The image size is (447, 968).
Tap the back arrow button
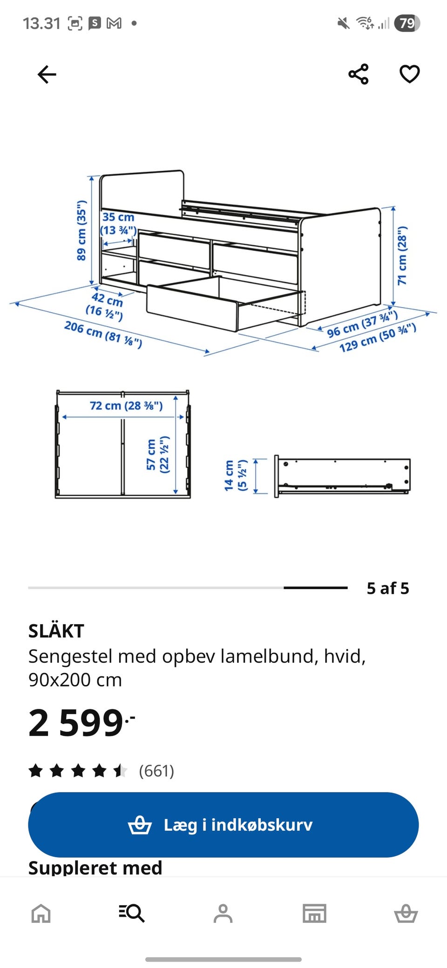pos(47,74)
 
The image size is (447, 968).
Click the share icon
pos(359,74)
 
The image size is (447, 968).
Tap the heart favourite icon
pos(410,74)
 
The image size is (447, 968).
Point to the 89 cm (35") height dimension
pos(81,230)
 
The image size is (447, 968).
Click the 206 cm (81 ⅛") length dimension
pos(103,334)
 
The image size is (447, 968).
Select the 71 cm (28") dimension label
pos(402,255)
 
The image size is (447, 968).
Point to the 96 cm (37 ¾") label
pos(362,324)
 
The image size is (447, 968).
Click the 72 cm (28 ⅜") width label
pos(126,406)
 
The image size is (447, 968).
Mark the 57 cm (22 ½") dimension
pos(157,455)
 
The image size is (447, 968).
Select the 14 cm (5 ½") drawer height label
pos(235,475)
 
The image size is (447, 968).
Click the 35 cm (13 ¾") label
pos(119,224)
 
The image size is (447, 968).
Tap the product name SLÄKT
pos(56,631)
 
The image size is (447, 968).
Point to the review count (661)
pos(156,771)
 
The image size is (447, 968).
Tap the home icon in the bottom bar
pos(41,913)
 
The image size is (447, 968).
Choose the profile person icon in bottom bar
pos(223,913)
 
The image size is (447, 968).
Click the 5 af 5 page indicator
pos(388,588)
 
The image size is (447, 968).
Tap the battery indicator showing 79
pos(407,23)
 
